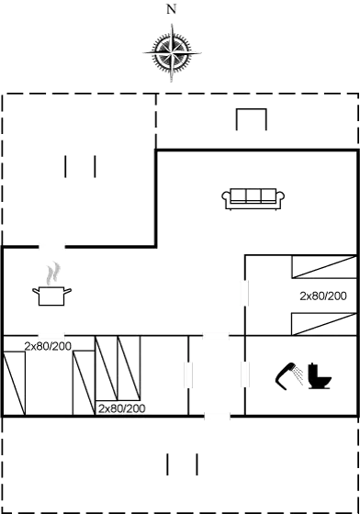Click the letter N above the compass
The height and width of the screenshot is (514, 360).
(x=171, y=9)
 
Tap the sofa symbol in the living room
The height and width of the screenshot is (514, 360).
(x=251, y=198)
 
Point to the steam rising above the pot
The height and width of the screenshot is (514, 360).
(x=53, y=272)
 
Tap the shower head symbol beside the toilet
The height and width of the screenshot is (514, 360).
(x=293, y=374)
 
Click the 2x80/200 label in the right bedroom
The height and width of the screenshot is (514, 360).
(x=322, y=296)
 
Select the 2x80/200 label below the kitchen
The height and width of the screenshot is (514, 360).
(x=49, y=346)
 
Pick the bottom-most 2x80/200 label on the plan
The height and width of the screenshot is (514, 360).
(x=122, y=408)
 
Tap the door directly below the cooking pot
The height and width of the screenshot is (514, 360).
(x=51, y=336)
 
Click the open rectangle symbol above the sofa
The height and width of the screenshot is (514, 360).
(x=251, y=120)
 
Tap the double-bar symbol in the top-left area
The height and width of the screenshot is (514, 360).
(x=81, y=166)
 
